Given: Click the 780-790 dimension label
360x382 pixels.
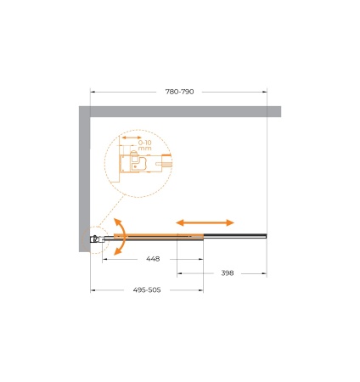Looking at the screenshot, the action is click(179, 92).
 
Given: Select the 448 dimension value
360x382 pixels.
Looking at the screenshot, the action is click(153, 259).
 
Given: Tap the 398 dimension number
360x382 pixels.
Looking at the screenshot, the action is click(228, 273).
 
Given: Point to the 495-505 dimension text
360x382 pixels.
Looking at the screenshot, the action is click(147, 290).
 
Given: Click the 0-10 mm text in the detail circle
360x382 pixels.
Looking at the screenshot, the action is click(145, 145).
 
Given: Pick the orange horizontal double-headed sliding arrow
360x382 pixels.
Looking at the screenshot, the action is click(205, 222).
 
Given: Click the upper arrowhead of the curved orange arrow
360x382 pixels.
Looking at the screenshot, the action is click(117, 222).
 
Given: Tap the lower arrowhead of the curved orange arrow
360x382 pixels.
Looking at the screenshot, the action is click(117, 251).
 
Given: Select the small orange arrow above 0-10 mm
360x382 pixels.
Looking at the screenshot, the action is click(132, 138).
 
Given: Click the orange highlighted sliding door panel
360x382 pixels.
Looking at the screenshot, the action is click(159, 237).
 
